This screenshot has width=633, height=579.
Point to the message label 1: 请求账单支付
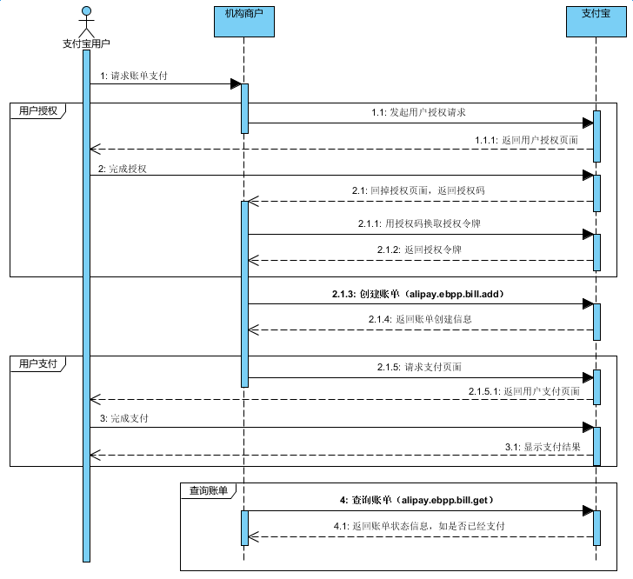click(x=134, y=77)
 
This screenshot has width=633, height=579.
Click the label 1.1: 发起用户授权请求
click(x=420, y=113)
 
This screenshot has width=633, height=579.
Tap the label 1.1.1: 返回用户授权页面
click(x=526, y=139)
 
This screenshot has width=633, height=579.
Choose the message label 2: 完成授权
click(x=123, y=169)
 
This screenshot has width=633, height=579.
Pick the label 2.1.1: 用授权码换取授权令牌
click(x=419, y=224)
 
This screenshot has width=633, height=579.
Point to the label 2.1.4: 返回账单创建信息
click(x=421, y=319)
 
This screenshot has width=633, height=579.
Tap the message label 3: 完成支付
click(x=123, y=419)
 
